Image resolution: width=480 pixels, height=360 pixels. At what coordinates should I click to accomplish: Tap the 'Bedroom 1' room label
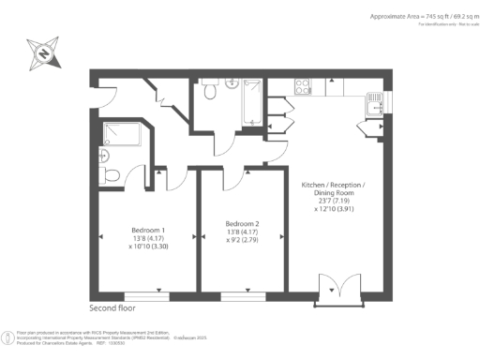(x=148, y=231)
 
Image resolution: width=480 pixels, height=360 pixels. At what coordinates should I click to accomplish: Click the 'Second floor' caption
(x=114, y=307)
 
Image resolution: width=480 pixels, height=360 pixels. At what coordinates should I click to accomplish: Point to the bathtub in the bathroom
(x=251, y=102)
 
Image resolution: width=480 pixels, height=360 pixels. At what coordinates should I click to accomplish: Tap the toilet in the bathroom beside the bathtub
(x=209, y=91)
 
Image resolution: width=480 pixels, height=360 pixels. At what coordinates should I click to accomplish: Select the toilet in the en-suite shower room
(x=110, y=174)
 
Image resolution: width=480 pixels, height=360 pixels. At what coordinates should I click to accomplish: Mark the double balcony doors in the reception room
(x=333, y=292)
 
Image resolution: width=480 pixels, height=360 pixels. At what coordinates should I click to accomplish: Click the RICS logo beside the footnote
(x=8, y=337)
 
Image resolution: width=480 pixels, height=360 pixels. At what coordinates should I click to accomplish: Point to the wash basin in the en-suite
(x=104, y=155)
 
